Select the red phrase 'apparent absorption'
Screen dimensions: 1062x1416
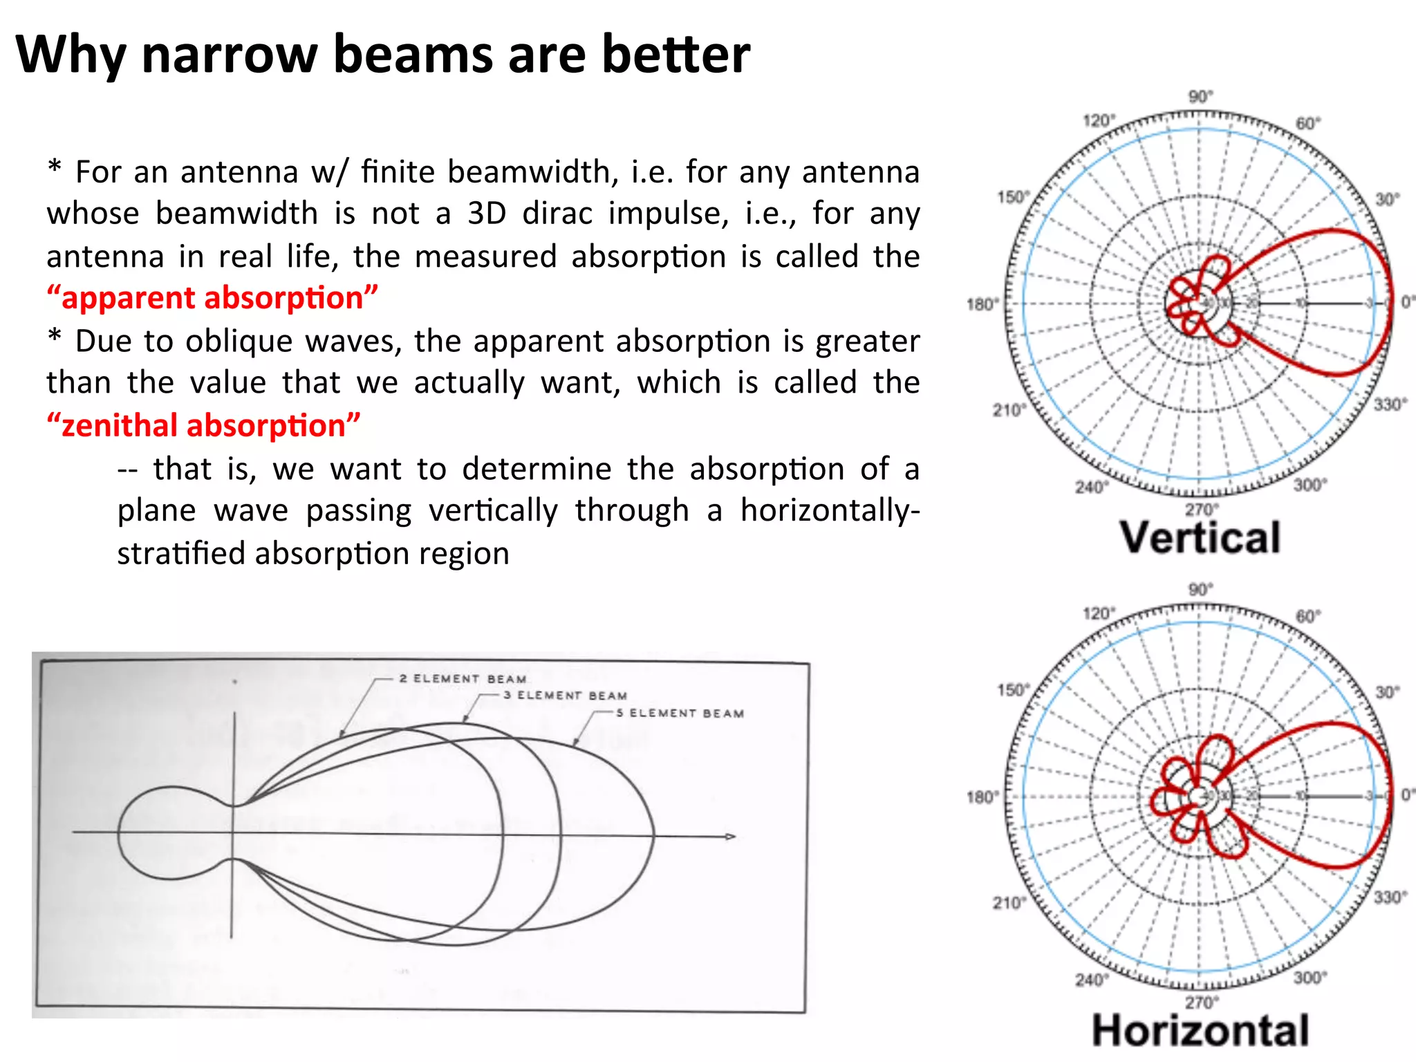coord(212,298)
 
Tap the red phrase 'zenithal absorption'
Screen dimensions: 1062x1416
coord(204,425)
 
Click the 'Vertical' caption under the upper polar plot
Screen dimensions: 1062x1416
coord(1200,538)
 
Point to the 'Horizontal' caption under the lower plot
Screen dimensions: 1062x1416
coord(1200,1031)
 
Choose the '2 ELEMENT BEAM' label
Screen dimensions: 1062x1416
coord(463,679)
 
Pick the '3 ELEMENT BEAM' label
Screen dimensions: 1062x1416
coord(565,696)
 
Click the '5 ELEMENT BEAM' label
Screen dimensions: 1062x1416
coord(680,713)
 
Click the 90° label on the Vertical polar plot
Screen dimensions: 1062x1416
coord(1201,97)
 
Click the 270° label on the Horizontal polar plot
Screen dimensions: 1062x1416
coord(1201,1002)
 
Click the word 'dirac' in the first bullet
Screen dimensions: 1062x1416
coord(557,214)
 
